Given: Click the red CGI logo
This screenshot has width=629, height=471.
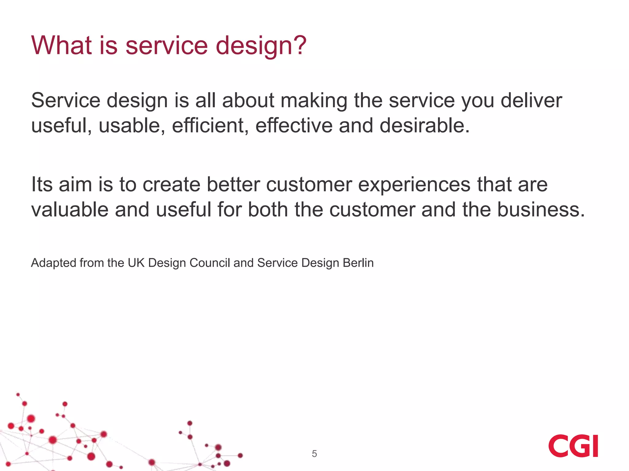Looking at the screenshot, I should tap(573, 446).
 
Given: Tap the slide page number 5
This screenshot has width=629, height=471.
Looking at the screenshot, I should tap(314, 454).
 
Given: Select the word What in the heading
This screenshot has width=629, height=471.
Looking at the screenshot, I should tap(61, 45).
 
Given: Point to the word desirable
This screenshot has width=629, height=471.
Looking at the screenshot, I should tap(424, 126).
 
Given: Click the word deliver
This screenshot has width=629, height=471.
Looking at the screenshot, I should tap(531, 100).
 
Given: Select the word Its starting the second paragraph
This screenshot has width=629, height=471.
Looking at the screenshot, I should tap(42, 184).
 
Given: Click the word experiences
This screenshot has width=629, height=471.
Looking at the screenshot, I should tap(414, 185).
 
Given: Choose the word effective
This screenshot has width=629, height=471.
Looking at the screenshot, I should tap(294, 126).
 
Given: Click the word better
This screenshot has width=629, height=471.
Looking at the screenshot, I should tap(233, 184).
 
